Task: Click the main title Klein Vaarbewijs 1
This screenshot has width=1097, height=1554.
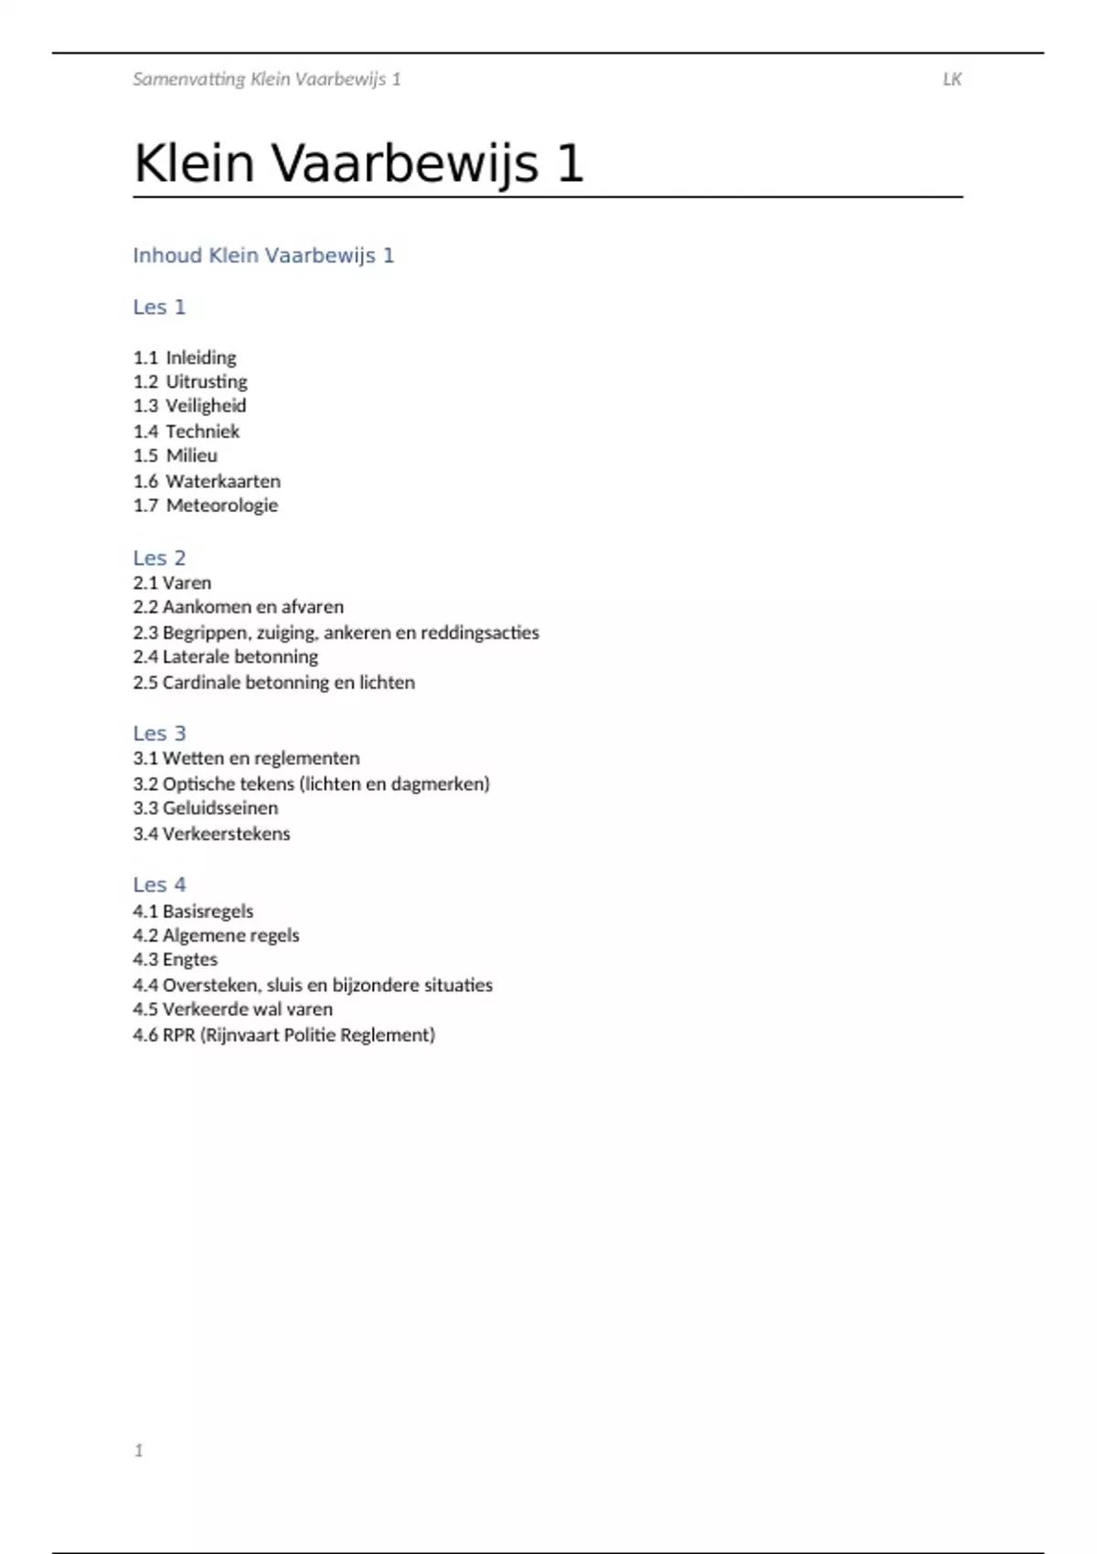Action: coord(358,165)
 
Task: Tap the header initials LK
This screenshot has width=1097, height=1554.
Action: coord(952,80)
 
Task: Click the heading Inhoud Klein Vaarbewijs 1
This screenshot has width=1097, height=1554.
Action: coord(263,256)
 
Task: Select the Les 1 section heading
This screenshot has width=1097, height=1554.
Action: coord(159,307)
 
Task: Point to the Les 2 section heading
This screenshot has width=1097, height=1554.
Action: coord(159,558)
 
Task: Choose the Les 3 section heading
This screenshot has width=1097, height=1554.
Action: coord(159,733)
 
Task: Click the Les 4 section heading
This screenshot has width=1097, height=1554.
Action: coord(159,885)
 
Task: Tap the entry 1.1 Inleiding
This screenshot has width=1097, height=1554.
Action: coord(185,357)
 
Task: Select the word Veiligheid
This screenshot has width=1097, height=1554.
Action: coord(206,406)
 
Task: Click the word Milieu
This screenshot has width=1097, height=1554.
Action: coord(191,455)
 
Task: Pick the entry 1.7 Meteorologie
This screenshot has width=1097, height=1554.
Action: coord(206,506)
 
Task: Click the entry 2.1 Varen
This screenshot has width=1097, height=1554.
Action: coord(172,583)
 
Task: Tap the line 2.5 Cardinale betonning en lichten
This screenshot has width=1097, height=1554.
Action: coord(273,683)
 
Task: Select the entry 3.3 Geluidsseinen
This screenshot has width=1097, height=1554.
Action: coord(206,808)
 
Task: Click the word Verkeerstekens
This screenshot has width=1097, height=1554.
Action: coord(226,834)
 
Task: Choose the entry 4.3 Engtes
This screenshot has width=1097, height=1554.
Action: coord(176,960)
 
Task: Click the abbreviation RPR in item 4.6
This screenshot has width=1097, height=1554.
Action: coord(178,1036)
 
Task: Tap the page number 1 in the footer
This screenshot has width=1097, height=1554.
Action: coord(139,1451)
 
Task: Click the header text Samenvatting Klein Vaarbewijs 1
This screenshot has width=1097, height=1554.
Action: coord(267,80)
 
